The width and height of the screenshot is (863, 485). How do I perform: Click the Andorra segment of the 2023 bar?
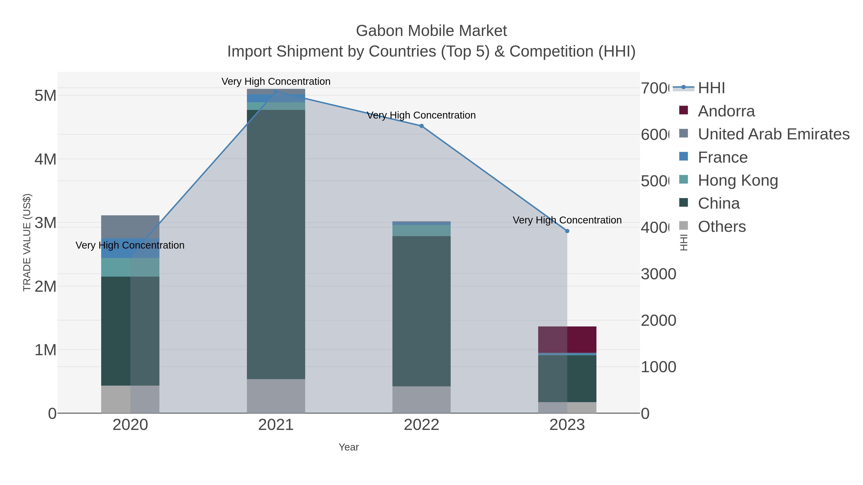567,339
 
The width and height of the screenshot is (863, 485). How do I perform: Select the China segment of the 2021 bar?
276,244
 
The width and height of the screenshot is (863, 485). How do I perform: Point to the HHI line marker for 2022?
421,126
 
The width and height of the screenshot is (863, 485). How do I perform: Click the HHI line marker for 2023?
567,231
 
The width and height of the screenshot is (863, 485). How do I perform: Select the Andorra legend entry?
726,111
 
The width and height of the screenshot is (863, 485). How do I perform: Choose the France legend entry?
722,157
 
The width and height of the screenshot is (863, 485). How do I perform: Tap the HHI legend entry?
711,88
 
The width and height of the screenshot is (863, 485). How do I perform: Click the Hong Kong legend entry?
737,180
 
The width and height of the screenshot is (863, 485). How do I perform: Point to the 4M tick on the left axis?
45,159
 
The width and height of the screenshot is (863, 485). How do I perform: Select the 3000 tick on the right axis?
658,274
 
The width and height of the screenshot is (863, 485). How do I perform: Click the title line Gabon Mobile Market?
431,31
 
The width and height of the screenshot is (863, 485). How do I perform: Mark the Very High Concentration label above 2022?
421,115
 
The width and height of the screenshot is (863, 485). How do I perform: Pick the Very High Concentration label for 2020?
130,245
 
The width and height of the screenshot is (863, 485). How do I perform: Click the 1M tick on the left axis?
45,350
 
